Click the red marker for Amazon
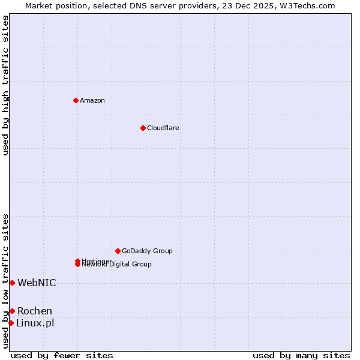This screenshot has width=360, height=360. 76,100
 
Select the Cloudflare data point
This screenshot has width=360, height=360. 143,128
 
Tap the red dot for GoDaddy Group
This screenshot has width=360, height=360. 118,251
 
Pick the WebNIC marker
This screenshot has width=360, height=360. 12,283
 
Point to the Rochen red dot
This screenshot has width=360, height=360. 12,311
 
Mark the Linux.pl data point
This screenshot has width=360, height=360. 11,323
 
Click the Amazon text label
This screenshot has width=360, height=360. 92,100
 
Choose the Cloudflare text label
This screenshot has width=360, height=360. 163,128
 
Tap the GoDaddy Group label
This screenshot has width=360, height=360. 147,251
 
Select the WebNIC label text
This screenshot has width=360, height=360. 37,283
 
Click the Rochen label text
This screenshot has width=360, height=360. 35,311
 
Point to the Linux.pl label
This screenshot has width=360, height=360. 35,323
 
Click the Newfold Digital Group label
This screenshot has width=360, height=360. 117,265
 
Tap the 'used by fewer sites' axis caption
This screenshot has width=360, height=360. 62,355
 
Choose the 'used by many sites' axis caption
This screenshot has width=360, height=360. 301,355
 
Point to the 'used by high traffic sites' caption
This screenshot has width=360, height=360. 5,85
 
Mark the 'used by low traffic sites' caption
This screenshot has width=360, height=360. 5,281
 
